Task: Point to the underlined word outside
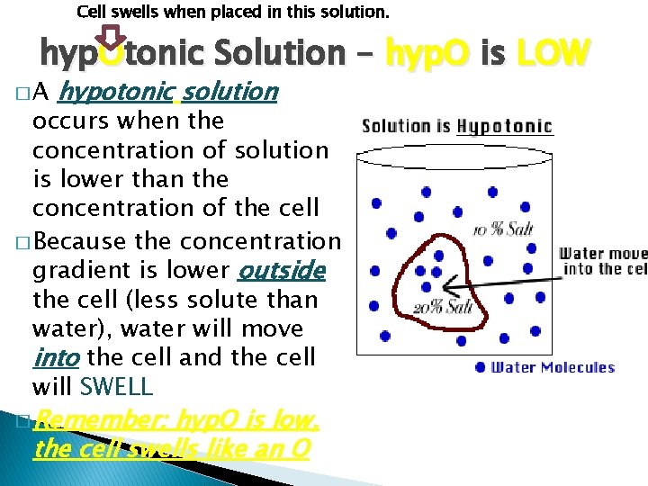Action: tap(281, 270)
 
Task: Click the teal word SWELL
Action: tap(117, 388)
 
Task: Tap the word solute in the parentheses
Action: tap(223, 300)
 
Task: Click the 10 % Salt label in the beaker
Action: tap(505, 229)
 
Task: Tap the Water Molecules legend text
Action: tap(552, 367)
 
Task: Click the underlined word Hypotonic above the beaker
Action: tap(504, 126)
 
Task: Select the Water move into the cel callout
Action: tap(602, 261)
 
